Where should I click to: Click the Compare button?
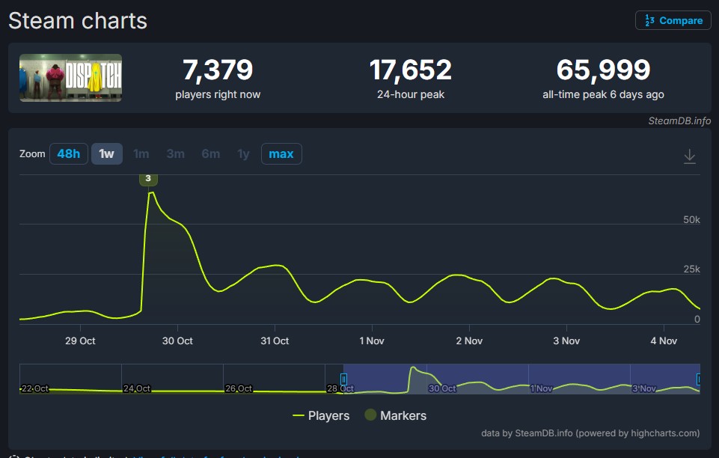tap(673, 20)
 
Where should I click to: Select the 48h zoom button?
tap(68, 153)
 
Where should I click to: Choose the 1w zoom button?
tap(107, 153)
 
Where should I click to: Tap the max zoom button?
tap(281, 153)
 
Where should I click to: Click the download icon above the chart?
tap(690, 156)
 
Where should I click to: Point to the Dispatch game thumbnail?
tap(70, 78)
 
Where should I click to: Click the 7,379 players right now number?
tap(218, 70)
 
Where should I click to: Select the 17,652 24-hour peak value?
tap(410, 70)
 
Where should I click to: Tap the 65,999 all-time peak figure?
tap(603, 70)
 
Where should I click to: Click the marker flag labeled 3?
tap(148, 178)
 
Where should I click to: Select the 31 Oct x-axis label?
tap(275, 341)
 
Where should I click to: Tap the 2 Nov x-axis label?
tap(469, 341)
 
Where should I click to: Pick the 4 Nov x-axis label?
tap(664, 341)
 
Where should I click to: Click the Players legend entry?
tap(321, 415)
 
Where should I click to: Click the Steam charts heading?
tap(78, 21)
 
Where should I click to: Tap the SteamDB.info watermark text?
tap(679, 120)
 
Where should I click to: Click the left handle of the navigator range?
tap(344, 379)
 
